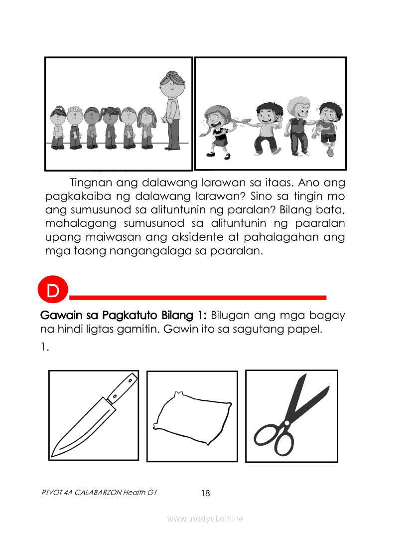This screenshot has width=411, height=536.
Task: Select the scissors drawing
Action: pyautogui.click(x=290, y=416)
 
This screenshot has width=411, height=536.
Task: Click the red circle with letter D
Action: pyautogui.click(x=53, y=290)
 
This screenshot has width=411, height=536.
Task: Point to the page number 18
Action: pyautogui.click(x=206, y=493)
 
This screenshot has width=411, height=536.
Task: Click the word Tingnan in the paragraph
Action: pyautogui.click(x=91, y=183)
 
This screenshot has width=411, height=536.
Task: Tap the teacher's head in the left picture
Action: pyautogui.click(x=172, y=84)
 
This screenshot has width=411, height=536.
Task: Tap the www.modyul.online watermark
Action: pyautogui.click(x=205, y=519)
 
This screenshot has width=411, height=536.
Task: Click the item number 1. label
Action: pyautogui.click(x=45, y=347)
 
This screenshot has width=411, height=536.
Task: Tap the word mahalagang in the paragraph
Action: pyautogui.click(x=81, y=223)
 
